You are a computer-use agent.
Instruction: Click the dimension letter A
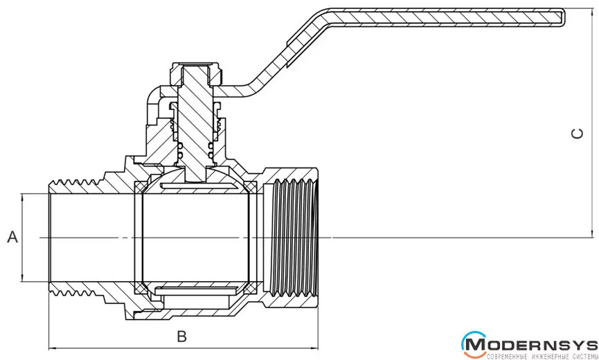click(x=12, y=238)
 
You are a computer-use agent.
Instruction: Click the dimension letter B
click(x=182, y=337)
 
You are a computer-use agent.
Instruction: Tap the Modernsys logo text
click(x=540, y=345)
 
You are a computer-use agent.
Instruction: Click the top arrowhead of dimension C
click(x=593, y=13)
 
